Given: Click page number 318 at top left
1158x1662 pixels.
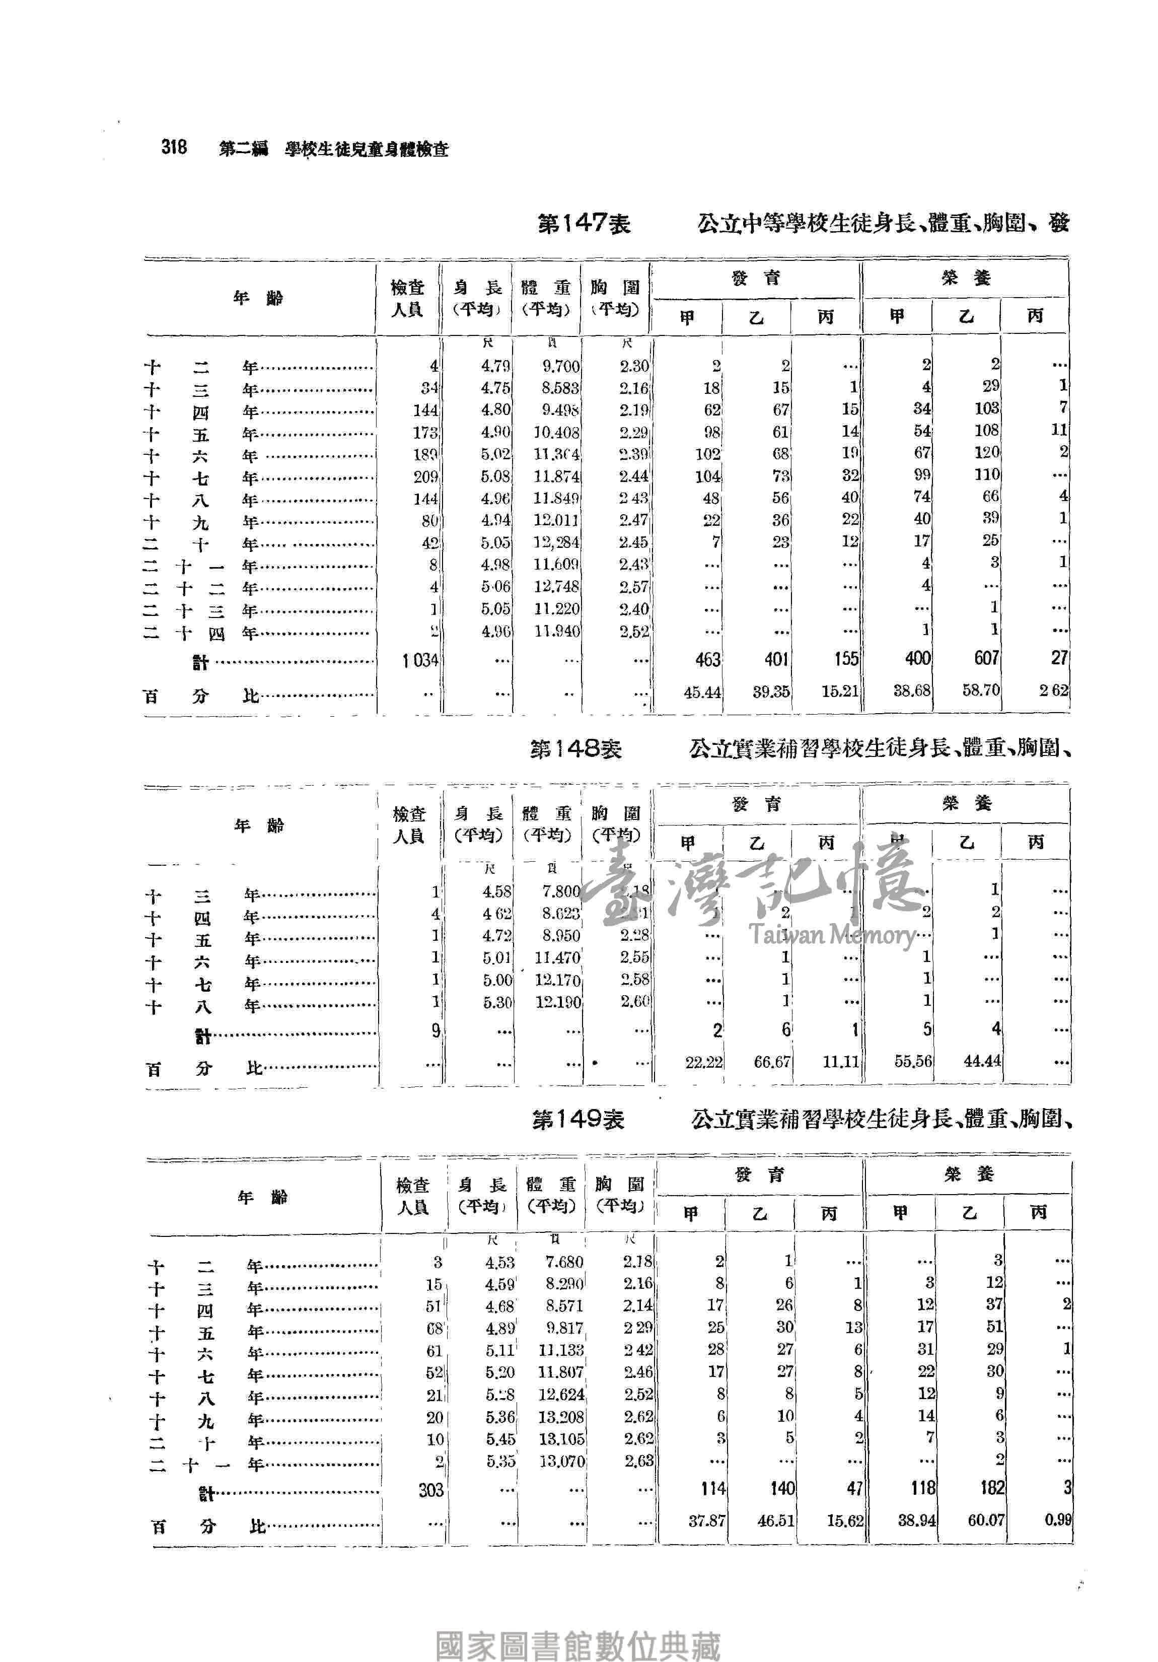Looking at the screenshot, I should click(174, 148).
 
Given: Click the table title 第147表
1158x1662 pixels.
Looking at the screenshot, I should click(584, 224).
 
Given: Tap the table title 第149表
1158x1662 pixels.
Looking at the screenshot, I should click(577, 1120).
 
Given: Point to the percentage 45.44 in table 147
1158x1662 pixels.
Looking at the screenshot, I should click(702, 692).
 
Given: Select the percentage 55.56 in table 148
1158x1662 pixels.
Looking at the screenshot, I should click(913, 1062).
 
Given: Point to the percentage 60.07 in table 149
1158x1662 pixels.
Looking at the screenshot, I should click(986, 1520).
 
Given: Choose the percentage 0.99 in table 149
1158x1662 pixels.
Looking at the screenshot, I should click(1057, 1519).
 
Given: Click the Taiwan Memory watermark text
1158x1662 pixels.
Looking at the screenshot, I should click(832, 935).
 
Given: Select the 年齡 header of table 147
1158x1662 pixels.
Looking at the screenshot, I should click(258, 298).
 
